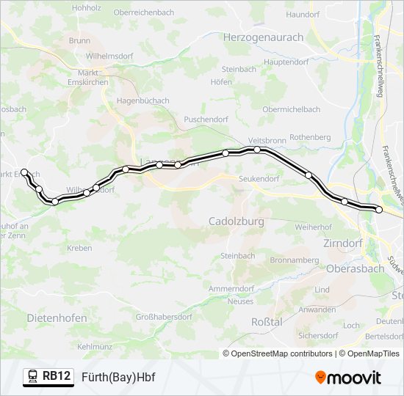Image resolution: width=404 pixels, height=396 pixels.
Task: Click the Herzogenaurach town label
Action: click(x=263, y=37)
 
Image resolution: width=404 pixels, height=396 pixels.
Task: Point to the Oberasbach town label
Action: click(x=354, y=268)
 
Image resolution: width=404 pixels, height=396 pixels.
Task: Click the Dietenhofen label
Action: click(x=57, y=318)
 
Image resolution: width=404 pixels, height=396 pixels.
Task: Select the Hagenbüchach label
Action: click(x=143, y=100)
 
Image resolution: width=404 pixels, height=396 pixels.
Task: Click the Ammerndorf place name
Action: click(x=231, y=289)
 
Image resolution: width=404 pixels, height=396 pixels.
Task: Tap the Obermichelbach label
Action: click(x=292, y=109)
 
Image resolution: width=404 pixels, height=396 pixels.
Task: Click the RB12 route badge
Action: click(x=57, y=376)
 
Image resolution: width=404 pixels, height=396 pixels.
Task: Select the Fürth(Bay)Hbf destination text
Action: click(x=118, y=377)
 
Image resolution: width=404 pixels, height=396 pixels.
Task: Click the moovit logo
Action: click(x=348, y=378)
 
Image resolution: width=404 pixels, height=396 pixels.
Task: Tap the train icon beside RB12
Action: click(x=33, y=377)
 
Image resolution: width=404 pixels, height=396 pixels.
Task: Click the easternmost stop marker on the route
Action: click(x=380, y=210)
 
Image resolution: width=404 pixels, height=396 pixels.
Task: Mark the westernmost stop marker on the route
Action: click(x=24, y=172)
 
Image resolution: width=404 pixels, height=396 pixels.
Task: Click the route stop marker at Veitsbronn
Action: click(x=257, y=150)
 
